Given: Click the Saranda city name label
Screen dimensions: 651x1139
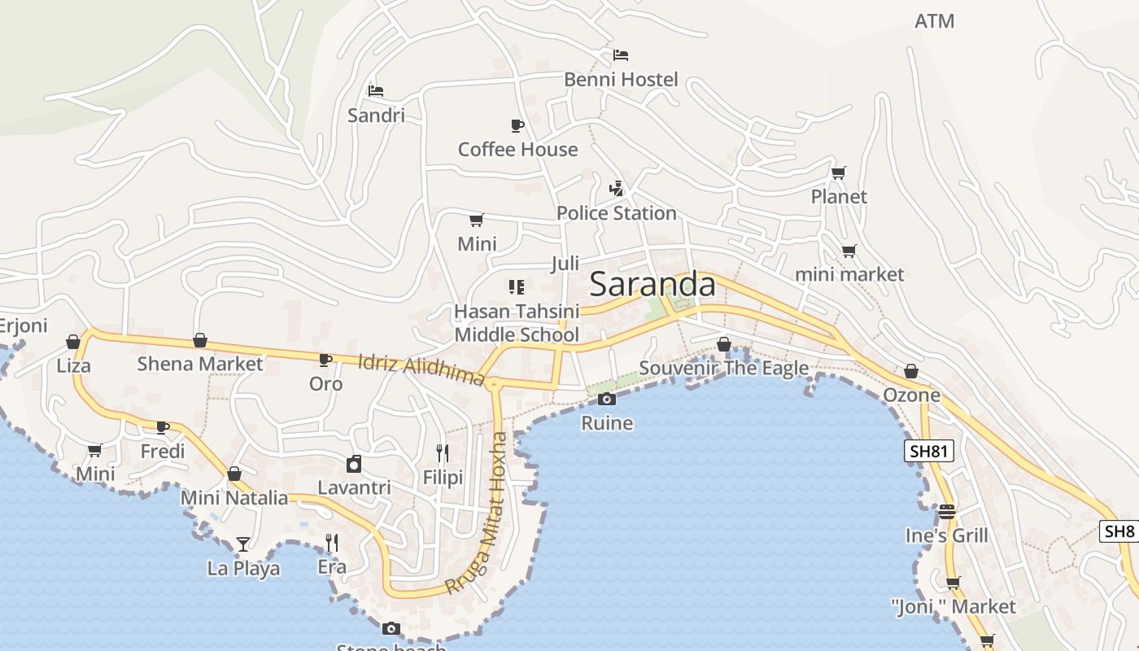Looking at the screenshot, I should tap(652, 284).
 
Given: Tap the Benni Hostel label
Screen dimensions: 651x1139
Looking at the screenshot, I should tap(621, 79).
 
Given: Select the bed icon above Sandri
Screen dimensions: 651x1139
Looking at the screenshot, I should tap(375, 90).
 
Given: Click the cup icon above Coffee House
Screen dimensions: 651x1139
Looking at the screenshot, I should tap(517, 125).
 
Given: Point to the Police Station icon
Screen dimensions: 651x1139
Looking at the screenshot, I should tap(616, 189).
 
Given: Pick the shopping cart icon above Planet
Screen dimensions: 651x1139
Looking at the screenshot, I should tap(838, 173).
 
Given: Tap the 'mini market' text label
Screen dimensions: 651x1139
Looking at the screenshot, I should tap(849, 274).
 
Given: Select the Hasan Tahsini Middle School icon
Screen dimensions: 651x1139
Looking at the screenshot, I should tap(516, 286).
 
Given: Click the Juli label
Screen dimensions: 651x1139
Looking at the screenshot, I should tap(565, 263).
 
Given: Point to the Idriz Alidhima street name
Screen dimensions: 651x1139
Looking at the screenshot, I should tap(421, 370).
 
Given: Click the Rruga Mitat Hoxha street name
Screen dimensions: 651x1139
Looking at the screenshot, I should tap(478, 513).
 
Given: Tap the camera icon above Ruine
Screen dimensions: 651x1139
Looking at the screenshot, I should tap(606, 399).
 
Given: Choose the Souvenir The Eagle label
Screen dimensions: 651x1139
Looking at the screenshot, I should tap(723, 368).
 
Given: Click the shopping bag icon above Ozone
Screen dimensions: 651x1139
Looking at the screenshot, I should tap(911, 371).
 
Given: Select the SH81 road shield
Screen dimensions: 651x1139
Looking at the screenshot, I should tap(928, 451).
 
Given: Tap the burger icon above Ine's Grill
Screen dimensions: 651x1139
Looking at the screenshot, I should tap(946, 512).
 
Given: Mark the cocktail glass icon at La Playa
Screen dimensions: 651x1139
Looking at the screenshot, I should tap(242, 544).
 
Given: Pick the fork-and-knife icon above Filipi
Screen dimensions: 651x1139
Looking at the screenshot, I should tap(442, 452).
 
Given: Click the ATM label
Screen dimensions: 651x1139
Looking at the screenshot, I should tap(934, 21).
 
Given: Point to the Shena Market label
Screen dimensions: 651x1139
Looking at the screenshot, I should tap(199, 364).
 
